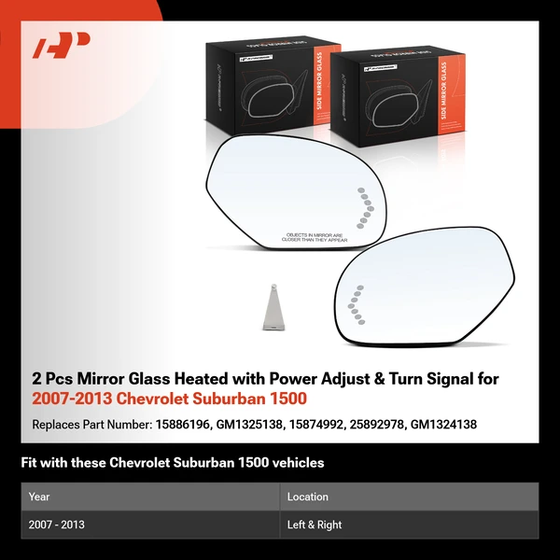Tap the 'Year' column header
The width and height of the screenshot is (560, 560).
[39, 497]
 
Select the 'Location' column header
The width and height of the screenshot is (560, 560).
[307, 497]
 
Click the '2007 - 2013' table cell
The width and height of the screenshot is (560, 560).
[57, 525]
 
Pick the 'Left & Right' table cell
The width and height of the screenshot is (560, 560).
[315, 525]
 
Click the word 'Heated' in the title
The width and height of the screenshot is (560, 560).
[177, 379]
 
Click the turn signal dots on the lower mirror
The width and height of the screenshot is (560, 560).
[354, 303]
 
